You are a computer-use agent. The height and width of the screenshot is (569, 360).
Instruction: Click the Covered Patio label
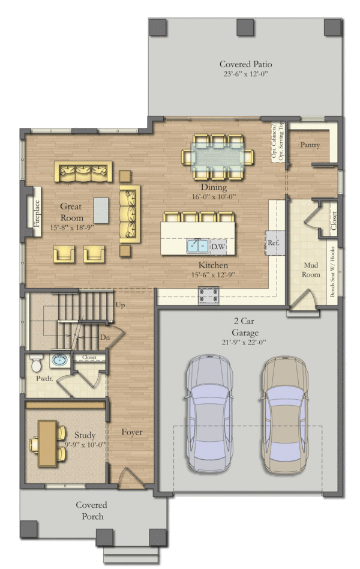245,64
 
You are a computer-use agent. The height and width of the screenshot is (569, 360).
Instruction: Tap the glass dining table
218,157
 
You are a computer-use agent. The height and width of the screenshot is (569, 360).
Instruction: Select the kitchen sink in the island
198,247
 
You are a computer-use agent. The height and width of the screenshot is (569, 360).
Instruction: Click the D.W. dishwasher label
218,247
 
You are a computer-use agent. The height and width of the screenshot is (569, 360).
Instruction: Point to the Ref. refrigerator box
274,242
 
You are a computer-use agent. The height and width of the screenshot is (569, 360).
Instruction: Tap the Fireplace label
37,214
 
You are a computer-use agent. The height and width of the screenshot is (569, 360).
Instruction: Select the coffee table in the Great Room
101,210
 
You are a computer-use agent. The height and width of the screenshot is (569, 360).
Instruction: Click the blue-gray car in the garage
209,414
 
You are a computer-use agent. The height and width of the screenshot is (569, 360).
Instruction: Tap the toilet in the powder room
36,363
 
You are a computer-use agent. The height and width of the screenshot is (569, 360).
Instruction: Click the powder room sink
60,360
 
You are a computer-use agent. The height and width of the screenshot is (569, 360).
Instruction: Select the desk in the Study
47,443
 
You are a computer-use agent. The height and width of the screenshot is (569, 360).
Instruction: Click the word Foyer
132,432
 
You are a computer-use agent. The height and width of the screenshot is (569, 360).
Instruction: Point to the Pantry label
310,145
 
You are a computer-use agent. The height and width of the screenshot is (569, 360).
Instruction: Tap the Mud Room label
311,270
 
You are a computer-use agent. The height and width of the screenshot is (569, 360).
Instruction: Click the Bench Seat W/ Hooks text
332,272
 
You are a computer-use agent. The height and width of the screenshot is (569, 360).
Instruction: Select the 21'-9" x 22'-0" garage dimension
244,342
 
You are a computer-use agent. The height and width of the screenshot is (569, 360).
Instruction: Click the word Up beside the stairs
121,305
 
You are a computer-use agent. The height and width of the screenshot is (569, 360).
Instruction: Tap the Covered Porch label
92,511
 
